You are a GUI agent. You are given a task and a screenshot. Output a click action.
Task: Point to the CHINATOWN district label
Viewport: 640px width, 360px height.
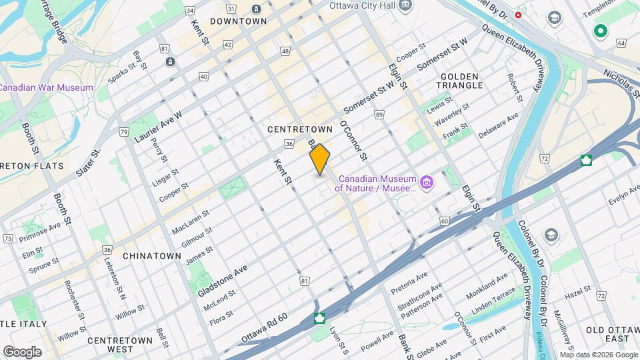(152, 255)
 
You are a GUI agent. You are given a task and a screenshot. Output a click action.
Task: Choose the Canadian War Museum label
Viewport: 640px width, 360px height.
(47, 88)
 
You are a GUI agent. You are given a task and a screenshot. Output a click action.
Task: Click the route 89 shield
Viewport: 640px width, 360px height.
(379, 115)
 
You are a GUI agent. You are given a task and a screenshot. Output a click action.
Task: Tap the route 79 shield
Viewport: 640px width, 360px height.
(124, 132)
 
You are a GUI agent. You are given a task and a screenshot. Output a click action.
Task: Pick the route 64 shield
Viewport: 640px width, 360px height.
(621, 43)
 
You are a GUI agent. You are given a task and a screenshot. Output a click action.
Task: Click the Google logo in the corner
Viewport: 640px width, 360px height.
(22, 351)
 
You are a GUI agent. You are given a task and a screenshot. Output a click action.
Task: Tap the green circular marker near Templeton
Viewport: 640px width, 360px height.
(601, 31)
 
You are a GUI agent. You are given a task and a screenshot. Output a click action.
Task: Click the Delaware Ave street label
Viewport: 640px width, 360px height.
(498, 125)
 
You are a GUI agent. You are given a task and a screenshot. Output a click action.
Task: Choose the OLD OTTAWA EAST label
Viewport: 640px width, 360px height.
(607, 334)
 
